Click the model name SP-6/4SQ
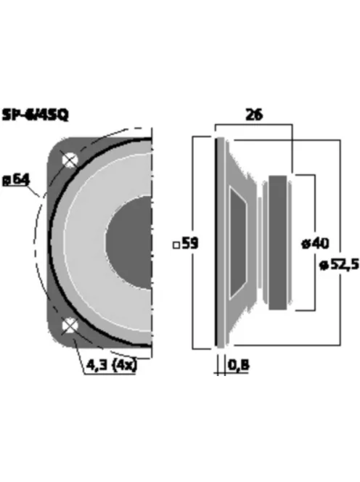point(36,115)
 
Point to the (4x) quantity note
point(123,366)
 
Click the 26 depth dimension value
point(254,115)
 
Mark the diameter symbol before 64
point(7,178)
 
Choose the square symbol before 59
point(176,245)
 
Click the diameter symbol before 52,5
point(322,266)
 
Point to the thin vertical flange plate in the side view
point(218,243)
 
